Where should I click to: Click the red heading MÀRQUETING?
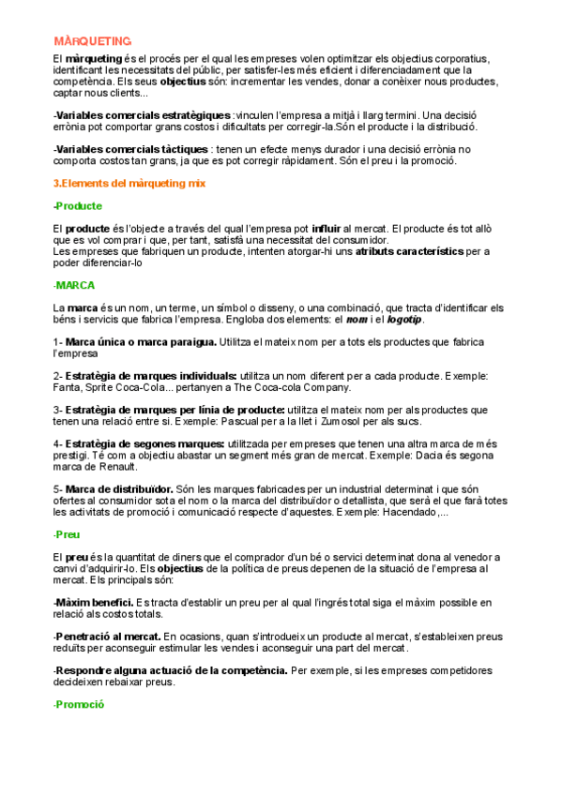(x=92, y=41)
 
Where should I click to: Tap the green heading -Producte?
(x=78, y=205)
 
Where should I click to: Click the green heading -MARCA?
(x=75, y=285)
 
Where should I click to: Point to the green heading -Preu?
(x=68, y=533)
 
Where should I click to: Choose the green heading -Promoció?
(x=79, y=704)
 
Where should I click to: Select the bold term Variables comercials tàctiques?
(x=132, y=149)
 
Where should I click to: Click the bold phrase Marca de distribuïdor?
(x=119, y=488)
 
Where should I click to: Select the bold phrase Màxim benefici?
(x=94, y=602)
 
